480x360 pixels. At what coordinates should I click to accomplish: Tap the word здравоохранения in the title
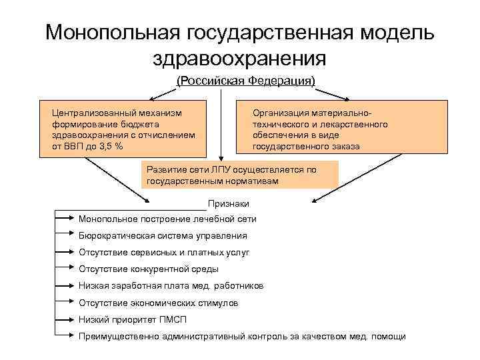240,58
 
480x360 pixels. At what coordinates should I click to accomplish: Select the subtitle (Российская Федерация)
245,81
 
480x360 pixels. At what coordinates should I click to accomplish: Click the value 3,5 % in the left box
108,145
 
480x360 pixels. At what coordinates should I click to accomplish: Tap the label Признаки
228,203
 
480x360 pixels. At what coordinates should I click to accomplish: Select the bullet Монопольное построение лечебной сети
167,219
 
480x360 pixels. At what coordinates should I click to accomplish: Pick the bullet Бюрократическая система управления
162,235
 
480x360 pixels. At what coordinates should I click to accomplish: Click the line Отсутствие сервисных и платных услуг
164,253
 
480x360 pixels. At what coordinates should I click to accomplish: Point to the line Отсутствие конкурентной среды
148,269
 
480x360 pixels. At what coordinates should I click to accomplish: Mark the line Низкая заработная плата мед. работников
171,285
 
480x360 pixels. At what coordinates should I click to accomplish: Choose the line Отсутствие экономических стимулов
158,303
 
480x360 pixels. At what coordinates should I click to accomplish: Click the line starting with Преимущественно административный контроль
241,336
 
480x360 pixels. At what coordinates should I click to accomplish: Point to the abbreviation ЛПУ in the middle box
223,169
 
